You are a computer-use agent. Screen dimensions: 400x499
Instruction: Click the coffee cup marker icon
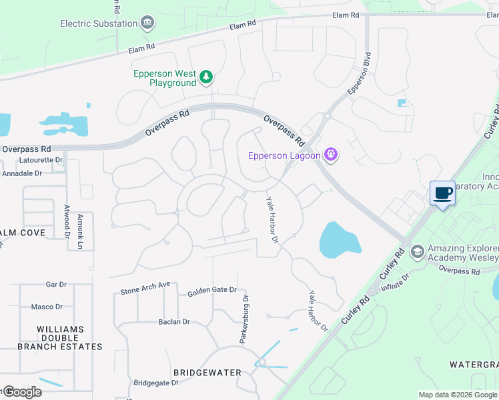pyautogui.click(x=442, y=194)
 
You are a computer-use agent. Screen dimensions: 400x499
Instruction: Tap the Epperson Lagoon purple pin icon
pyautogui.click(x=330, y=155)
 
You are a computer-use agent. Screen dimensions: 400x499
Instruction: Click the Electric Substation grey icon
pyautogui.click(x=147, y=23)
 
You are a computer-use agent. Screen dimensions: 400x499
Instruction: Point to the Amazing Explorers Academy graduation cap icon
pyautogui.click(x=418, y=251)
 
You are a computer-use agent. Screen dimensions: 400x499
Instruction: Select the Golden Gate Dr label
pyautogui.click(x=212, y=291)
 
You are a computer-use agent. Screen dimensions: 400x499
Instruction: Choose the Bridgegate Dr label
pyautogui.click(x=155, y=383)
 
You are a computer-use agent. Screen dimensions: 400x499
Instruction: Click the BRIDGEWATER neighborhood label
pyautogui.click(x=207, y=372)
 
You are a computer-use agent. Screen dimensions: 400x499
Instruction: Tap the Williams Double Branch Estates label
pyautogui.click(x=60, y=338)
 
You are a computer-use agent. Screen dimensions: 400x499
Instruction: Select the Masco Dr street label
pyautogui.click(x=47, y=307)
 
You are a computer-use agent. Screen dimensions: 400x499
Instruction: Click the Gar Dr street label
pyautogui.click(x=56, y=284)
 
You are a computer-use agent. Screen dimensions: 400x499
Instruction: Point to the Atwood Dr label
pyautogui.click(x=67, y=221)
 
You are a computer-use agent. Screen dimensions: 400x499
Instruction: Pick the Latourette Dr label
pyautogui.click(x=41, y=160)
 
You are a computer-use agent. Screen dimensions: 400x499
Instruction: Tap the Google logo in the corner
pyautogui.click(x=21, y=391)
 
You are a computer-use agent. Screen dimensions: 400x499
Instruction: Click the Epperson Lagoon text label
pyautogui.click(x=284, y=156)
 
